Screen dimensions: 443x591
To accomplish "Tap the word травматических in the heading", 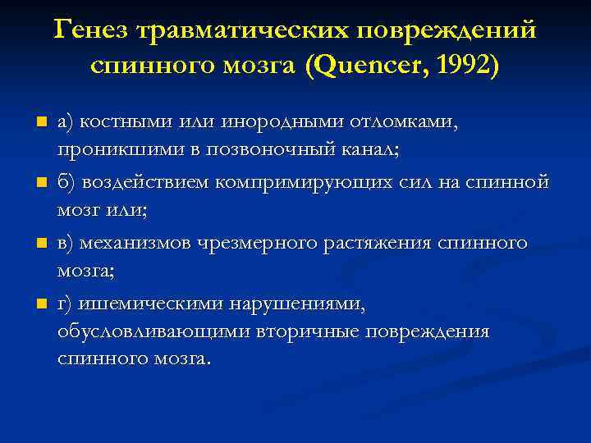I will (x=241, y=30).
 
